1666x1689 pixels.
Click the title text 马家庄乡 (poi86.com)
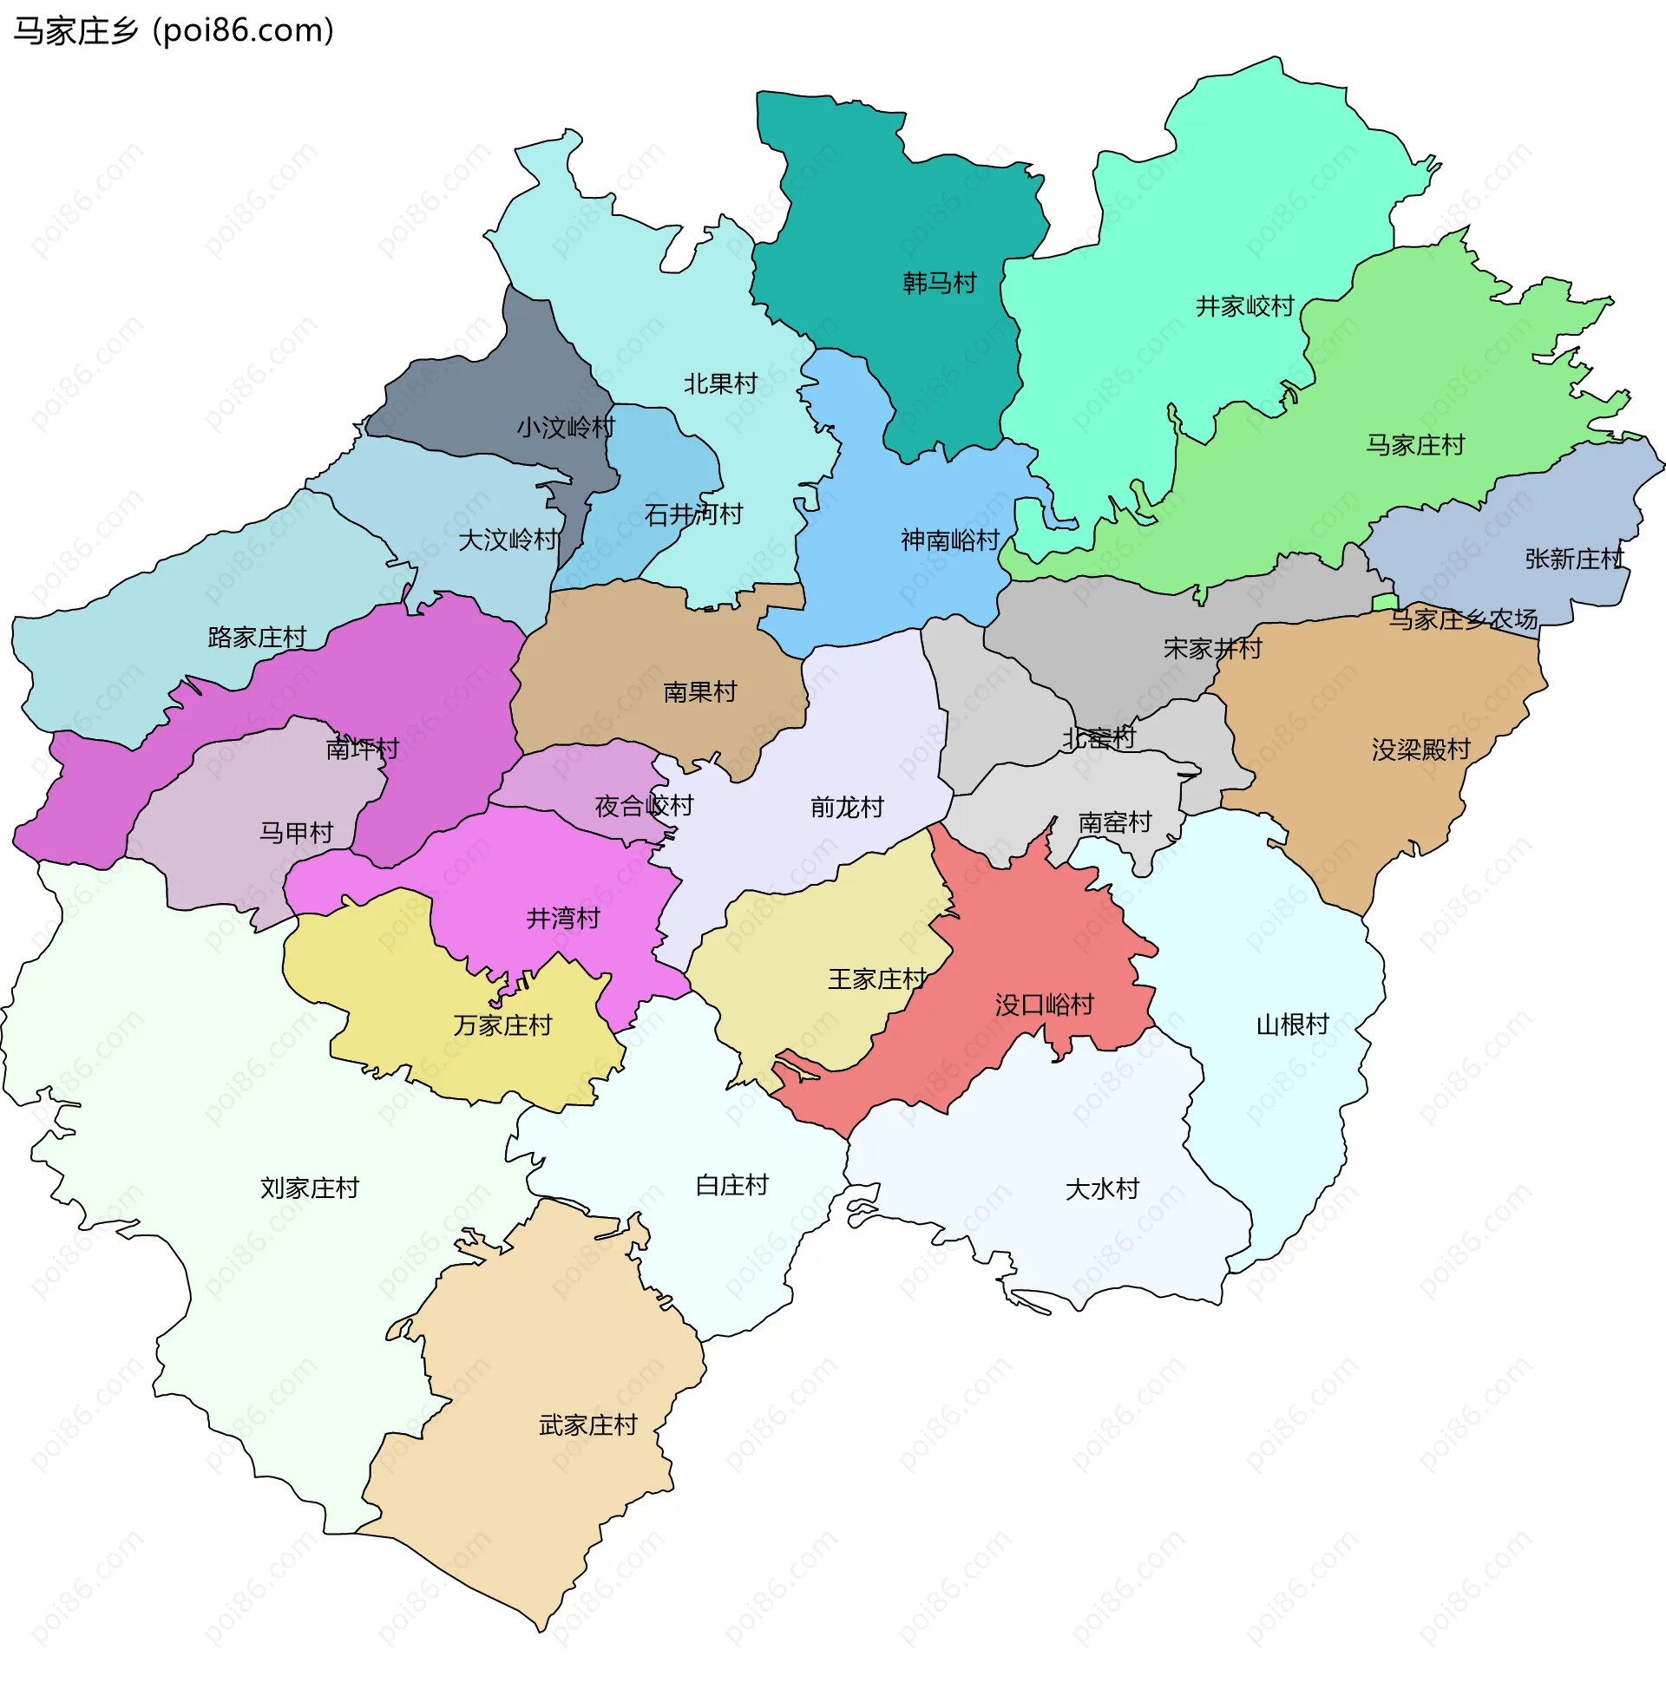pyautogui.click(x=174, y=31)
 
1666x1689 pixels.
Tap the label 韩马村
pyautogui.click(x=938, y=284)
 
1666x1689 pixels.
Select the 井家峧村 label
pyautogui.click(x=1243, y=307)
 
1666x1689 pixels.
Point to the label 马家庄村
pyautogui.click(x=1414, y=446)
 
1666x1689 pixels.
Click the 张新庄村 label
pyautogui.click(x=1573, y=560)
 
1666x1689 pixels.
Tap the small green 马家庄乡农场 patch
pyautogui.click(x=1384, y=603)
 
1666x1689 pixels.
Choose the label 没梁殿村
pyautogui.click(x=1420, y=750)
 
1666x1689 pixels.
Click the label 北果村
pyautogui.click(x=719, y=383)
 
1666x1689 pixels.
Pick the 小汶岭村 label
pyautogui.click(x=566, y=428)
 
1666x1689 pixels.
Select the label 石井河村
pyautogui.click(x=693, y=515)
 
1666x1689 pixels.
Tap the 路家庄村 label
pyautogui.click(x=257, y=638)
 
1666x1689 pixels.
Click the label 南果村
pyautogui.click(x=699, y=692)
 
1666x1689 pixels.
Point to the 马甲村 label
pyautogui.click(x=297, y=832)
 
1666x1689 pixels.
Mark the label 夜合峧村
pyautogui.click(x=644, y=806)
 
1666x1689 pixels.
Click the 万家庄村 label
pyautogui.click(x=503, y=1025)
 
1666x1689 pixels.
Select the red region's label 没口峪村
pyautogui.click(x=1044, y=1005)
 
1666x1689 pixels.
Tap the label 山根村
pyautogui.click(x=1292, y=1025)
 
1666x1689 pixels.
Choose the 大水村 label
pyautogui.click(x=1102, y=1189)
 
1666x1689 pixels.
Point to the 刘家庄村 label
pyautogui.click(x=310, y=1188)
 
